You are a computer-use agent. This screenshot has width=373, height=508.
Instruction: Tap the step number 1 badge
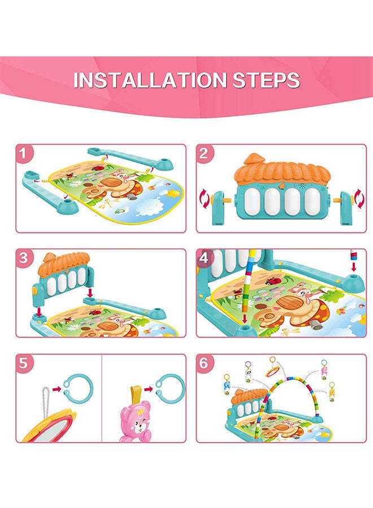tap(23, 153)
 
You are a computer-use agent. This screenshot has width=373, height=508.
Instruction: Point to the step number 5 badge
tap(23, 363)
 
